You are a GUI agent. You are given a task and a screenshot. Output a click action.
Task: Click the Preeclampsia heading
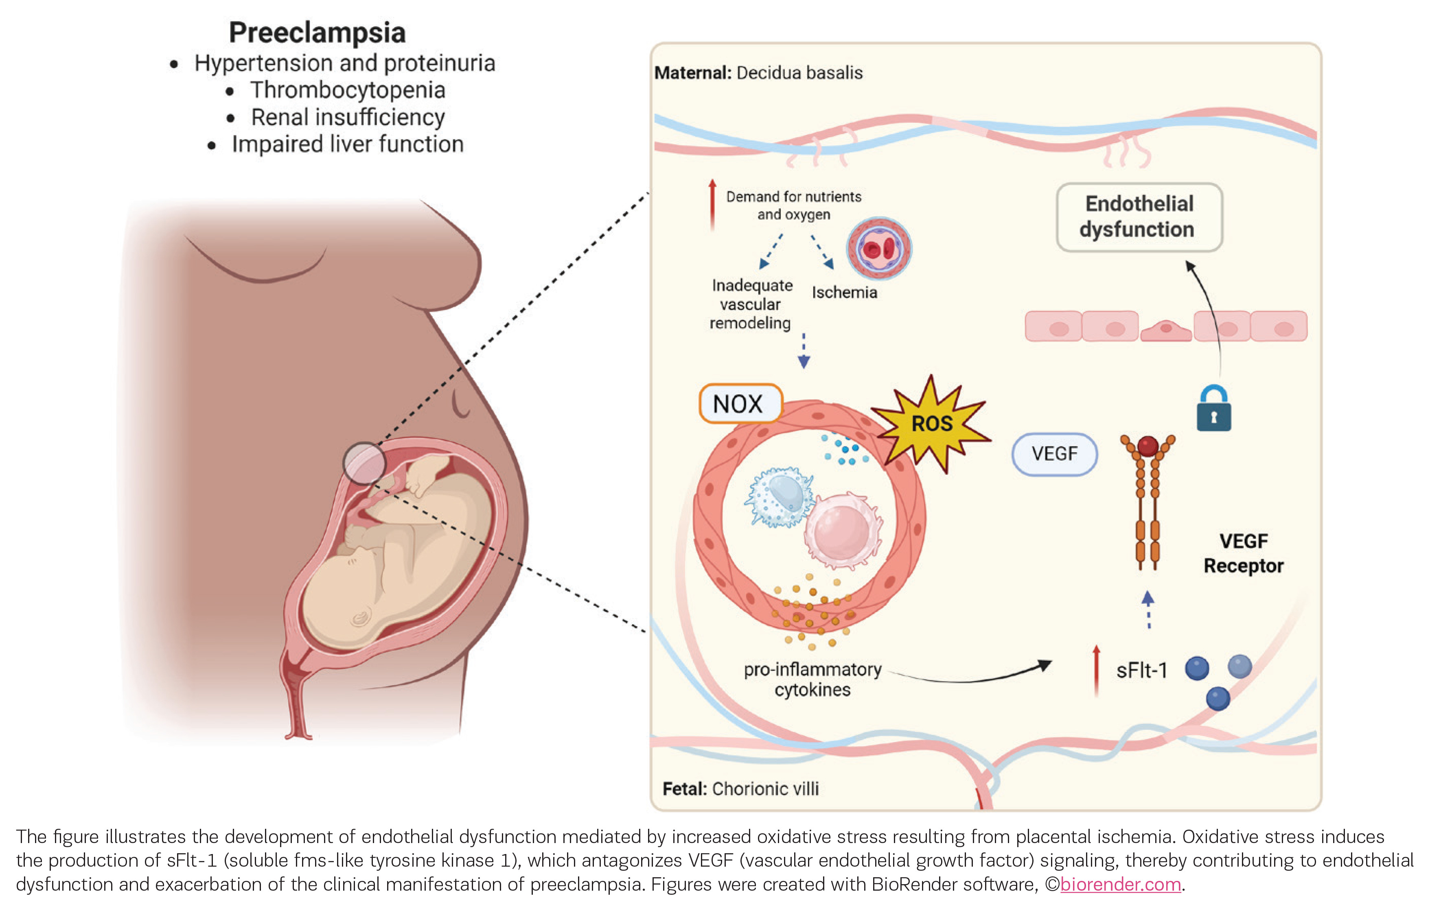(x=317, y=32)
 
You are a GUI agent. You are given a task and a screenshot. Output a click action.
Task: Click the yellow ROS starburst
(x=931, y=423)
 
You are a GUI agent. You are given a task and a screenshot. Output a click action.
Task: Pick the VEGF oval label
(x=1054, y=454)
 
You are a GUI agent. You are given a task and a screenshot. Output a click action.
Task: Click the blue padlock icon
(x=1213, y=409)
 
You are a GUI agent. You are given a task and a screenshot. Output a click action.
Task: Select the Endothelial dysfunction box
(x=1139, y=216)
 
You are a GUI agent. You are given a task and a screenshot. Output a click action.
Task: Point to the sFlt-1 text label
(x=1141, y=670)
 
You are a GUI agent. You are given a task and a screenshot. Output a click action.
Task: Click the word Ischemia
(x=844, y=292)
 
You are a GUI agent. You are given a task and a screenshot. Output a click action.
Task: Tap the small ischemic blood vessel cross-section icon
(x=878, y=248)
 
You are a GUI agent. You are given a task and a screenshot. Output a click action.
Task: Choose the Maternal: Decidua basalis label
(x=758, y=72)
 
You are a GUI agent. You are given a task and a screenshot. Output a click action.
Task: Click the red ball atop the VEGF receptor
(x=1148, y=445)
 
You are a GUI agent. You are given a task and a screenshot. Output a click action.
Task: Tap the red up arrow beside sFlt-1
(x=1096, y=669)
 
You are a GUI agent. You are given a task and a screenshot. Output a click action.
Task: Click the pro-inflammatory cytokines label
(x=812, y=679)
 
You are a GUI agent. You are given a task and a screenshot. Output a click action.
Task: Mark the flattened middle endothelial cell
(x=1166, y=330)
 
